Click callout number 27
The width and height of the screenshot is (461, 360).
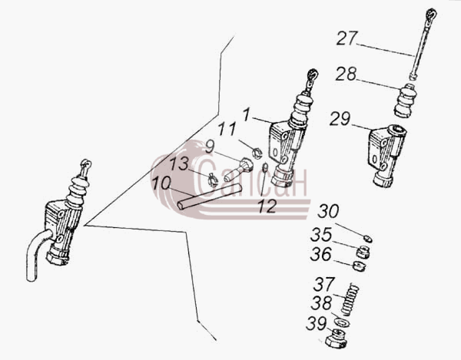[347, 38]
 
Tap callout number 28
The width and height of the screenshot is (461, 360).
[346, 74]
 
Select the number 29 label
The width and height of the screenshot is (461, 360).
[340, 119]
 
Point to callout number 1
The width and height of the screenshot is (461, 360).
[247, 114]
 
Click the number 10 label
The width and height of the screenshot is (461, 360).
[161, 183]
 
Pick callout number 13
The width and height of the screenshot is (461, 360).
[179, 163]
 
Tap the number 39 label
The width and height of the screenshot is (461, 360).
[317, 324]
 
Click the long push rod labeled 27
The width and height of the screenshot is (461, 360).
[423, 44]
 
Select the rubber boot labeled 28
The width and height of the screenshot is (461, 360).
[405, 101]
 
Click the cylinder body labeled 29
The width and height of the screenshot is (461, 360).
[387, 156]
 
